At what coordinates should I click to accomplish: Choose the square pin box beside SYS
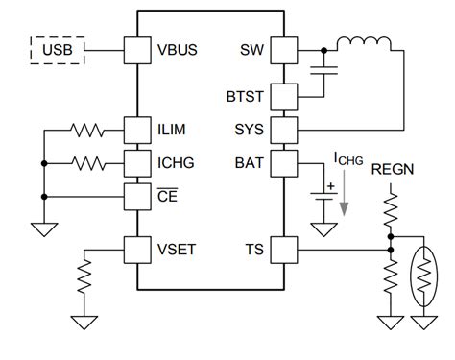coord(284,128)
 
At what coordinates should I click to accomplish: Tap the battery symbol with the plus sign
coord(326,198)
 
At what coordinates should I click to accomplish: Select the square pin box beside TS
coord(284,252)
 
